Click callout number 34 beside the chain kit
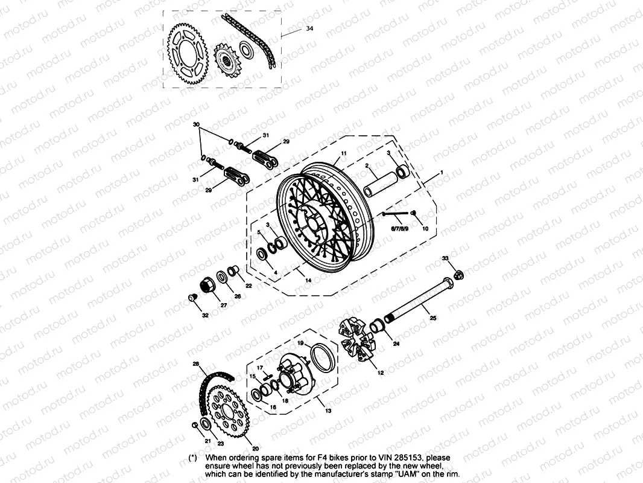(309, 28)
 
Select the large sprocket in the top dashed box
(186, 54)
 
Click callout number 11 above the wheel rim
(344, 154)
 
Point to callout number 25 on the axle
(432, 317)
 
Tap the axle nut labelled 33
(458, 275)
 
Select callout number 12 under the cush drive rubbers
(381, 373)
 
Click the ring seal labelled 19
(323, 357)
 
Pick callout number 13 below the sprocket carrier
(328, 411)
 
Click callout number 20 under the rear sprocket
(255, 449)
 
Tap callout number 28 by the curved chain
(195, 364)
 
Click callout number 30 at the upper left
(195, 124)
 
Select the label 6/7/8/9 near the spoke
(399, 229)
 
